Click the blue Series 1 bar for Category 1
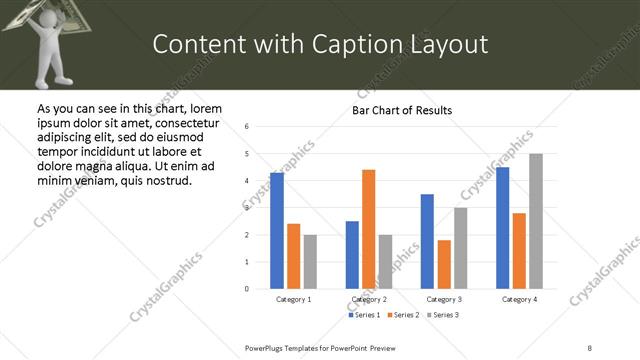(277, 231)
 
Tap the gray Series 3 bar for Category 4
(536, 221)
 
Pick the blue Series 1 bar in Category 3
(427, 241)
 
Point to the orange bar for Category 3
(444, 264)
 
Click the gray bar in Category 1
(310, 261)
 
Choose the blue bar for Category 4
(503, 228)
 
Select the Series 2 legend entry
(404, 315)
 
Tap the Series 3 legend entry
(443, 315)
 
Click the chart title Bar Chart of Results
(402, 110)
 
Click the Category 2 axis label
(369, 299)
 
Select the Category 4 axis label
(519, 299)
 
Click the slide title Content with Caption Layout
(320, 44)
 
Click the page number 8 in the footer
(590, 347)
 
